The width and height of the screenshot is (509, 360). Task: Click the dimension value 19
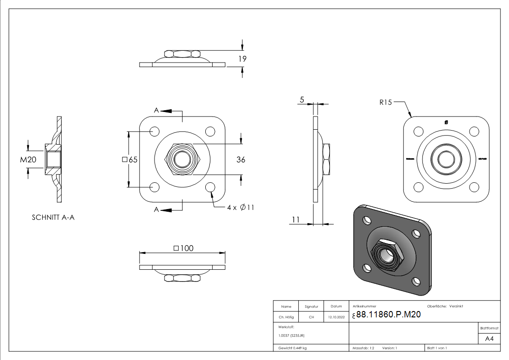[x=242, y=58]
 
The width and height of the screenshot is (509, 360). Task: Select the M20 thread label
[x=28, y=160]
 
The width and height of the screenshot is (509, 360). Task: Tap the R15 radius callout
[x=385, y=102]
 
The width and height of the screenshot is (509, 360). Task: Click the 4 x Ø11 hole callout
[x=241, y=207]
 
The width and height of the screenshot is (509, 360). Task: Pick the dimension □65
[x=130, y=160]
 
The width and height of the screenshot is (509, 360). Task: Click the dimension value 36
[x=241, y=160]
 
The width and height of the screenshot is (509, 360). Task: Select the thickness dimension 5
[x=301, y=100]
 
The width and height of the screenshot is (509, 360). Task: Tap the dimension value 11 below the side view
[x=296, y=219]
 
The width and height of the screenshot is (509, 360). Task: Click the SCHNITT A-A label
[x=53, y=218]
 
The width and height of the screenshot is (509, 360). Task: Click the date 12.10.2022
[x=336, y=317]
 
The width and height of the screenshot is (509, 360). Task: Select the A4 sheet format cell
[x=490, y=339]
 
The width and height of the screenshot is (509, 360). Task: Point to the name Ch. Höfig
[x=286, y=317]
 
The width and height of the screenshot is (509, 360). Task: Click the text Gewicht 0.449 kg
[x=292, y=348]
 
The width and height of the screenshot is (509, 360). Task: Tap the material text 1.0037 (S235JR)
[x=291, y=335]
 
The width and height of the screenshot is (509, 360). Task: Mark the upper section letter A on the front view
[x=156, y=110]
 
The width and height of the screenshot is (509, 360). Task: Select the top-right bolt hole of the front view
[x=210, y=131]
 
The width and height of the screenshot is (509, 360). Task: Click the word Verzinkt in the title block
[x=456, y=306]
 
